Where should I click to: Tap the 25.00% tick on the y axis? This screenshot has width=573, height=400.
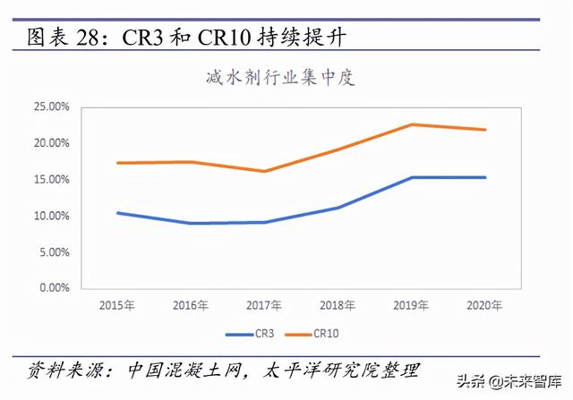coord(51,106)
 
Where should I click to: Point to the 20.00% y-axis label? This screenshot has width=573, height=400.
coord(51,143)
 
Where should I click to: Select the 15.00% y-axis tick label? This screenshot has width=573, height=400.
coord(51,180)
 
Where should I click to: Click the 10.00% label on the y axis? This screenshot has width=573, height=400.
coord(51,217)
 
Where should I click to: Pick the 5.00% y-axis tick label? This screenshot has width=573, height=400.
coord(54,252)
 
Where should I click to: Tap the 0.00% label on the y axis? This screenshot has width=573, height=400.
coord(54,289)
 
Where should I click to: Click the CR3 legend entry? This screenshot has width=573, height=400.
coord(252,334)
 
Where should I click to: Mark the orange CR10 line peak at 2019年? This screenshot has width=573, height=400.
coord(412,124)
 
